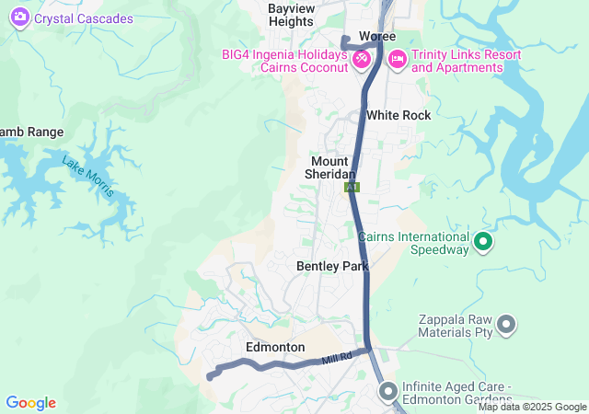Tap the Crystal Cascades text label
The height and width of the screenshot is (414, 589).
coord(84,18)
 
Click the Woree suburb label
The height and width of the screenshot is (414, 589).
coord(376,36)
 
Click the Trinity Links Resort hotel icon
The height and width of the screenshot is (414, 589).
coord(398,59)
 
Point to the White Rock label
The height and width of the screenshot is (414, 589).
coord(398,115)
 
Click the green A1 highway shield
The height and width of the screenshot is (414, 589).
coord(352,187)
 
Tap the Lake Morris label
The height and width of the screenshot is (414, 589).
coord(88,176)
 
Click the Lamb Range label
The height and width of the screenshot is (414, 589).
coord(30,132)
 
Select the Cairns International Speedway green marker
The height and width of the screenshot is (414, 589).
coord(483,242)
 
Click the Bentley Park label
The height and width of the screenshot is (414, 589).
coord(332,266)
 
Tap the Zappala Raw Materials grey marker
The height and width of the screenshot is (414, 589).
coord(505,323)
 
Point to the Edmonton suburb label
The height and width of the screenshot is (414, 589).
coord(275,347)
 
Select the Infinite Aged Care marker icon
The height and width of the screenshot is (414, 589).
coord(387,392)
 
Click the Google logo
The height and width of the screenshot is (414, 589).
coord(30,403)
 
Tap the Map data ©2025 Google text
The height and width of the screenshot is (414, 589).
coord(532,407)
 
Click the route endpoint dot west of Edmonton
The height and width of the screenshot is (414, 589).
coord(211,376)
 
